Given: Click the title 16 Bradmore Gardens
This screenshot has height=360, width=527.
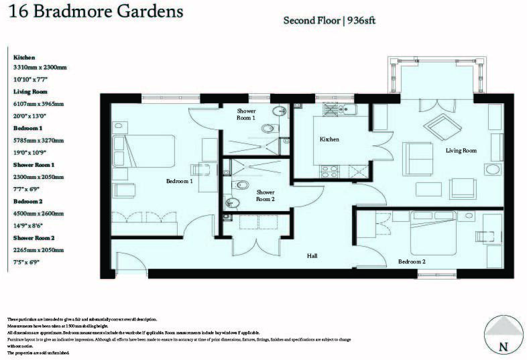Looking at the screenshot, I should coord(93,11).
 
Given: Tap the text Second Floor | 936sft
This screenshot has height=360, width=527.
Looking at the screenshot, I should coord(330,20).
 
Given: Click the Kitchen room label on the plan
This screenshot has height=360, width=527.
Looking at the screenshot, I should coord(329,139).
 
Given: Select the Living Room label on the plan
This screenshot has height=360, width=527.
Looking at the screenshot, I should coord(461,151).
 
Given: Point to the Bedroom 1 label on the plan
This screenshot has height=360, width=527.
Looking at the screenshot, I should coord(180,181).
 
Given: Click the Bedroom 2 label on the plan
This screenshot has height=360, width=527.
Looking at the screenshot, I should coord(412,261).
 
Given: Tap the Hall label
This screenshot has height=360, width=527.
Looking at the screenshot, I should coord(312,255).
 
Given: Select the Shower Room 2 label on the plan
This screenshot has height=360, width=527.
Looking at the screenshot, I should coord(265,194).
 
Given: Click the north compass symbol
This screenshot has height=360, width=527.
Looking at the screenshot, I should coord(502,335).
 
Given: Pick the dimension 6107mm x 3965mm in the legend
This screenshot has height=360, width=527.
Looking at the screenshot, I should coord(39,104).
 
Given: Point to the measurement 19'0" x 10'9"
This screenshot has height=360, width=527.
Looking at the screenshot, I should coord(33,152).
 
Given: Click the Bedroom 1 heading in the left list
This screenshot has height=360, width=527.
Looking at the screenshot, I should coord(27,127).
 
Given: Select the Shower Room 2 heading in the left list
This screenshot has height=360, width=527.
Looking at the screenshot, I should coord(34,237).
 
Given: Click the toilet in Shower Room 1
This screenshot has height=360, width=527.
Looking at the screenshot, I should coord(268,128).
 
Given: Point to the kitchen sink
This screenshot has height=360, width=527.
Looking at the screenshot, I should coord(333,109).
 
